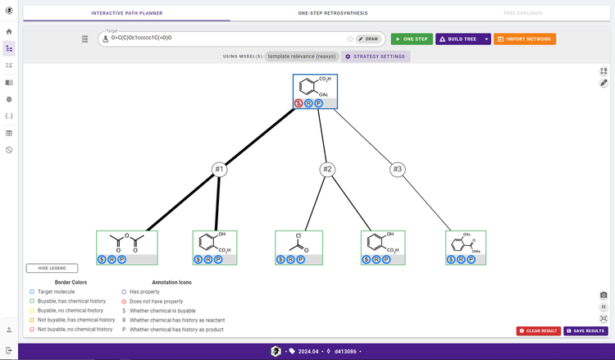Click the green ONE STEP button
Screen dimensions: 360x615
411,39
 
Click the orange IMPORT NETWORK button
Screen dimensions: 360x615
525,39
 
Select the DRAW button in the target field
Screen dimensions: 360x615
369,39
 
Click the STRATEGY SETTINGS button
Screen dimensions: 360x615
374,57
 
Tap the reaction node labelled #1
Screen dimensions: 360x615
219,170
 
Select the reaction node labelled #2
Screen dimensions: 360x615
327,170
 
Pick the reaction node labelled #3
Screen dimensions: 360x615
398,170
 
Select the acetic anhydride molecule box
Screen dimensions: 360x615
126,244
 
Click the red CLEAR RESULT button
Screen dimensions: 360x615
539,330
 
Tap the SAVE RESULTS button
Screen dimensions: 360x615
585,330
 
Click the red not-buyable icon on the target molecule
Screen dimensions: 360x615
299,103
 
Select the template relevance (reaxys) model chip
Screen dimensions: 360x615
301,57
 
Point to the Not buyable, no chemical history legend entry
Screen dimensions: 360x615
75,329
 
